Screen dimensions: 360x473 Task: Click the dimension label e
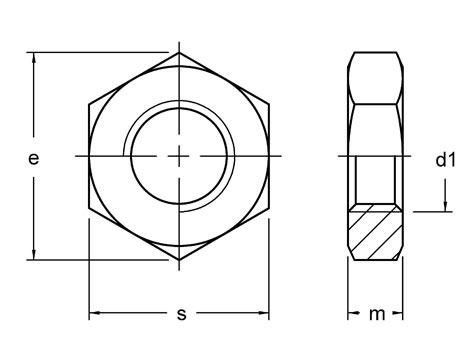click(33, 158)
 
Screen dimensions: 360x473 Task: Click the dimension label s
click(181, 313)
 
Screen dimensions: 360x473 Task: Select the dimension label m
click(376, 314)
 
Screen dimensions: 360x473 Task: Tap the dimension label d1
click(445, 158)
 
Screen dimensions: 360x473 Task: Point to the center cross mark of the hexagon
click(180, 157)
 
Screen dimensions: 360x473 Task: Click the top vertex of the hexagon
click(180, 53)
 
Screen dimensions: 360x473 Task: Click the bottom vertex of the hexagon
click(180, 261)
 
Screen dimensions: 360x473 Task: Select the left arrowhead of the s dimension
click(94, 314)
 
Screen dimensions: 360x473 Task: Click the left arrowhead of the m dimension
click(352, 314)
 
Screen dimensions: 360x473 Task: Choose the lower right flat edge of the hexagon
click(226, 236)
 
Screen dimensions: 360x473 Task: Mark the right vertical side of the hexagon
click(271, 157)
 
